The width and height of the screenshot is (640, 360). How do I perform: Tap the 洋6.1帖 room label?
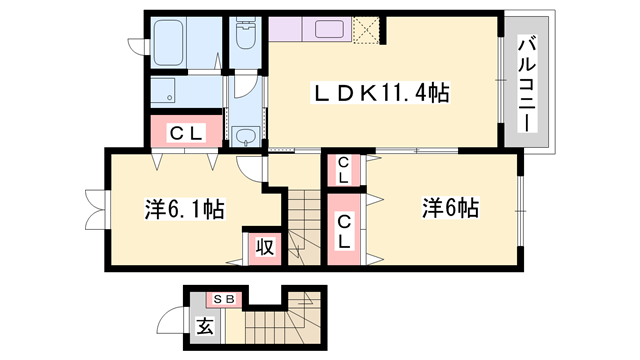(184, 210)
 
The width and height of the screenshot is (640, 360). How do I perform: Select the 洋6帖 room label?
(449, 209)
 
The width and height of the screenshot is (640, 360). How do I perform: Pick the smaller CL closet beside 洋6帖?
(343, 170)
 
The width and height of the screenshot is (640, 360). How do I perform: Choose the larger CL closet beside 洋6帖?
(344, 231)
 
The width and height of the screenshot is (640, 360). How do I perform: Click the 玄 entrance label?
(204, 326)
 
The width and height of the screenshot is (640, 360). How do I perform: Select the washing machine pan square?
(184, 93)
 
